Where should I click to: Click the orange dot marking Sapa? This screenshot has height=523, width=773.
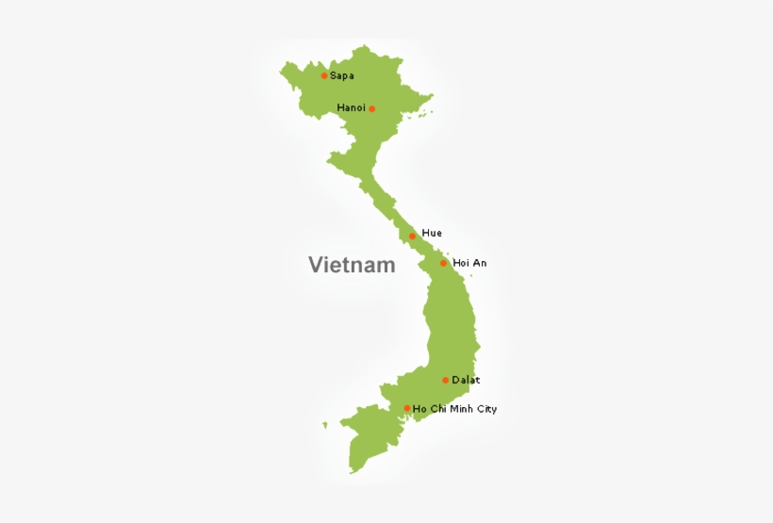click(324, 75)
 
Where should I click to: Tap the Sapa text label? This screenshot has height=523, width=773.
click(342, 75)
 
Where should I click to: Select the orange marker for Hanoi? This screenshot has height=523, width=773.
click(371, 108)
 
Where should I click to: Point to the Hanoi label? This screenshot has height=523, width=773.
click(351, 107)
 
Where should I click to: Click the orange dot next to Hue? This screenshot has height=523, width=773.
click(412, 236)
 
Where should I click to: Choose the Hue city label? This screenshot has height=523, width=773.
click(432, 233)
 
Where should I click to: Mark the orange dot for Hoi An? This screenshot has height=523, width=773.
click(443, 263)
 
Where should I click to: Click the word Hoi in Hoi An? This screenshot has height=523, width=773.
click(461, 263)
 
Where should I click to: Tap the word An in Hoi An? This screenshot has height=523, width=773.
click(480, 263)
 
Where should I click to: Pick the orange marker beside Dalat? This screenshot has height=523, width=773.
click(445, 380)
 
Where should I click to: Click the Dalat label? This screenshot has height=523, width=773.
click(466, 380)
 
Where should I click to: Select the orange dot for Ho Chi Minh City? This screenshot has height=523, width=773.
click(407, 408)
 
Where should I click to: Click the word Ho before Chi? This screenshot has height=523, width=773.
click(419, 409)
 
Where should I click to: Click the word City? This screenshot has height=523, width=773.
click(486, 409)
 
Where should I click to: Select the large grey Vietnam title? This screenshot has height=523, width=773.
click(352, 265)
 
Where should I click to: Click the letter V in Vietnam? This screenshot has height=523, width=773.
click(315, 265)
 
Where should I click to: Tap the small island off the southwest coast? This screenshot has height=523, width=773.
click(324, 425)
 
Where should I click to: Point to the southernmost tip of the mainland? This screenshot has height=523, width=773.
click(352, 471)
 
